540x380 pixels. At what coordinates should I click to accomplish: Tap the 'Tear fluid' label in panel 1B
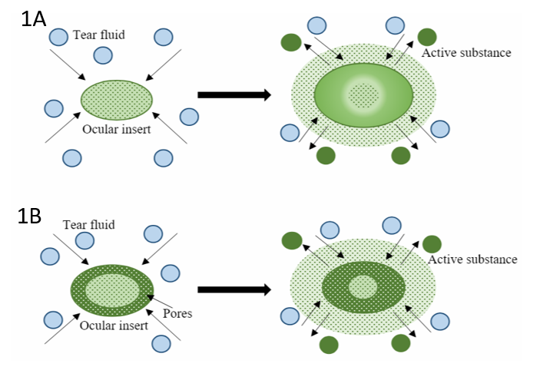click(x=89, y=224)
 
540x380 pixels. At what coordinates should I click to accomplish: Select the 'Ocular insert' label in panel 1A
click(x=117, y=129)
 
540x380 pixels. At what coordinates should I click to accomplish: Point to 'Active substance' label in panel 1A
click(x=466, y=53)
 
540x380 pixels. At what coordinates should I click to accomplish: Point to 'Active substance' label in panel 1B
click(x=472, y=259)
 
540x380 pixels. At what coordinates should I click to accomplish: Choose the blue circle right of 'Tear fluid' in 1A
click(x=163, y=36)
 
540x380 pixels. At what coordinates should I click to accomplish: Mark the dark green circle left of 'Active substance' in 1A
click(x=426, y=36)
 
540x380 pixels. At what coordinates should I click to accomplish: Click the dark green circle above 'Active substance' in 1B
click(x=431, y=244)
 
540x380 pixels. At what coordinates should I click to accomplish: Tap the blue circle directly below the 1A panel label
click(x=58, y=36)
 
